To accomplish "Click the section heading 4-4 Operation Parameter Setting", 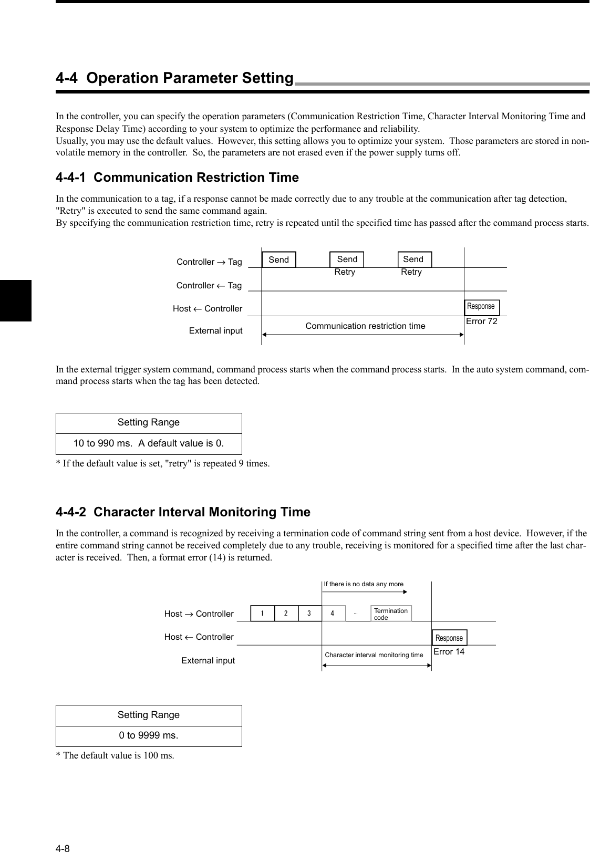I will (174, 78).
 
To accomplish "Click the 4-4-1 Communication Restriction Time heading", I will (177, 178).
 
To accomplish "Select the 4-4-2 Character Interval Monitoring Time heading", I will (183, 512).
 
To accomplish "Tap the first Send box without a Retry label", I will (279, 259).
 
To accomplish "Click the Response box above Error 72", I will (481, 307).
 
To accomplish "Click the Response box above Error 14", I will (449, 638).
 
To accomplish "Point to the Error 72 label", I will (481, 321).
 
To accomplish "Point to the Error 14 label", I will (449, 652).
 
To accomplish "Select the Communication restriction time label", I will (365, 326).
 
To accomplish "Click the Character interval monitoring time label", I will (374, 655).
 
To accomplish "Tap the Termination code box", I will (391, 614).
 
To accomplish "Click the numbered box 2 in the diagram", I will (286, 614).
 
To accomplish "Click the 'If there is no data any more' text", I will (364, 584).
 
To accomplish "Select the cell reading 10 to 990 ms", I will (149, 443).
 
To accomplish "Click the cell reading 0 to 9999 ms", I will (149, 735).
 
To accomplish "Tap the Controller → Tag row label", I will (209, 262).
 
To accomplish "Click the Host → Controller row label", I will (199, 614).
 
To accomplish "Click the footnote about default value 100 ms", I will (115, 755).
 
